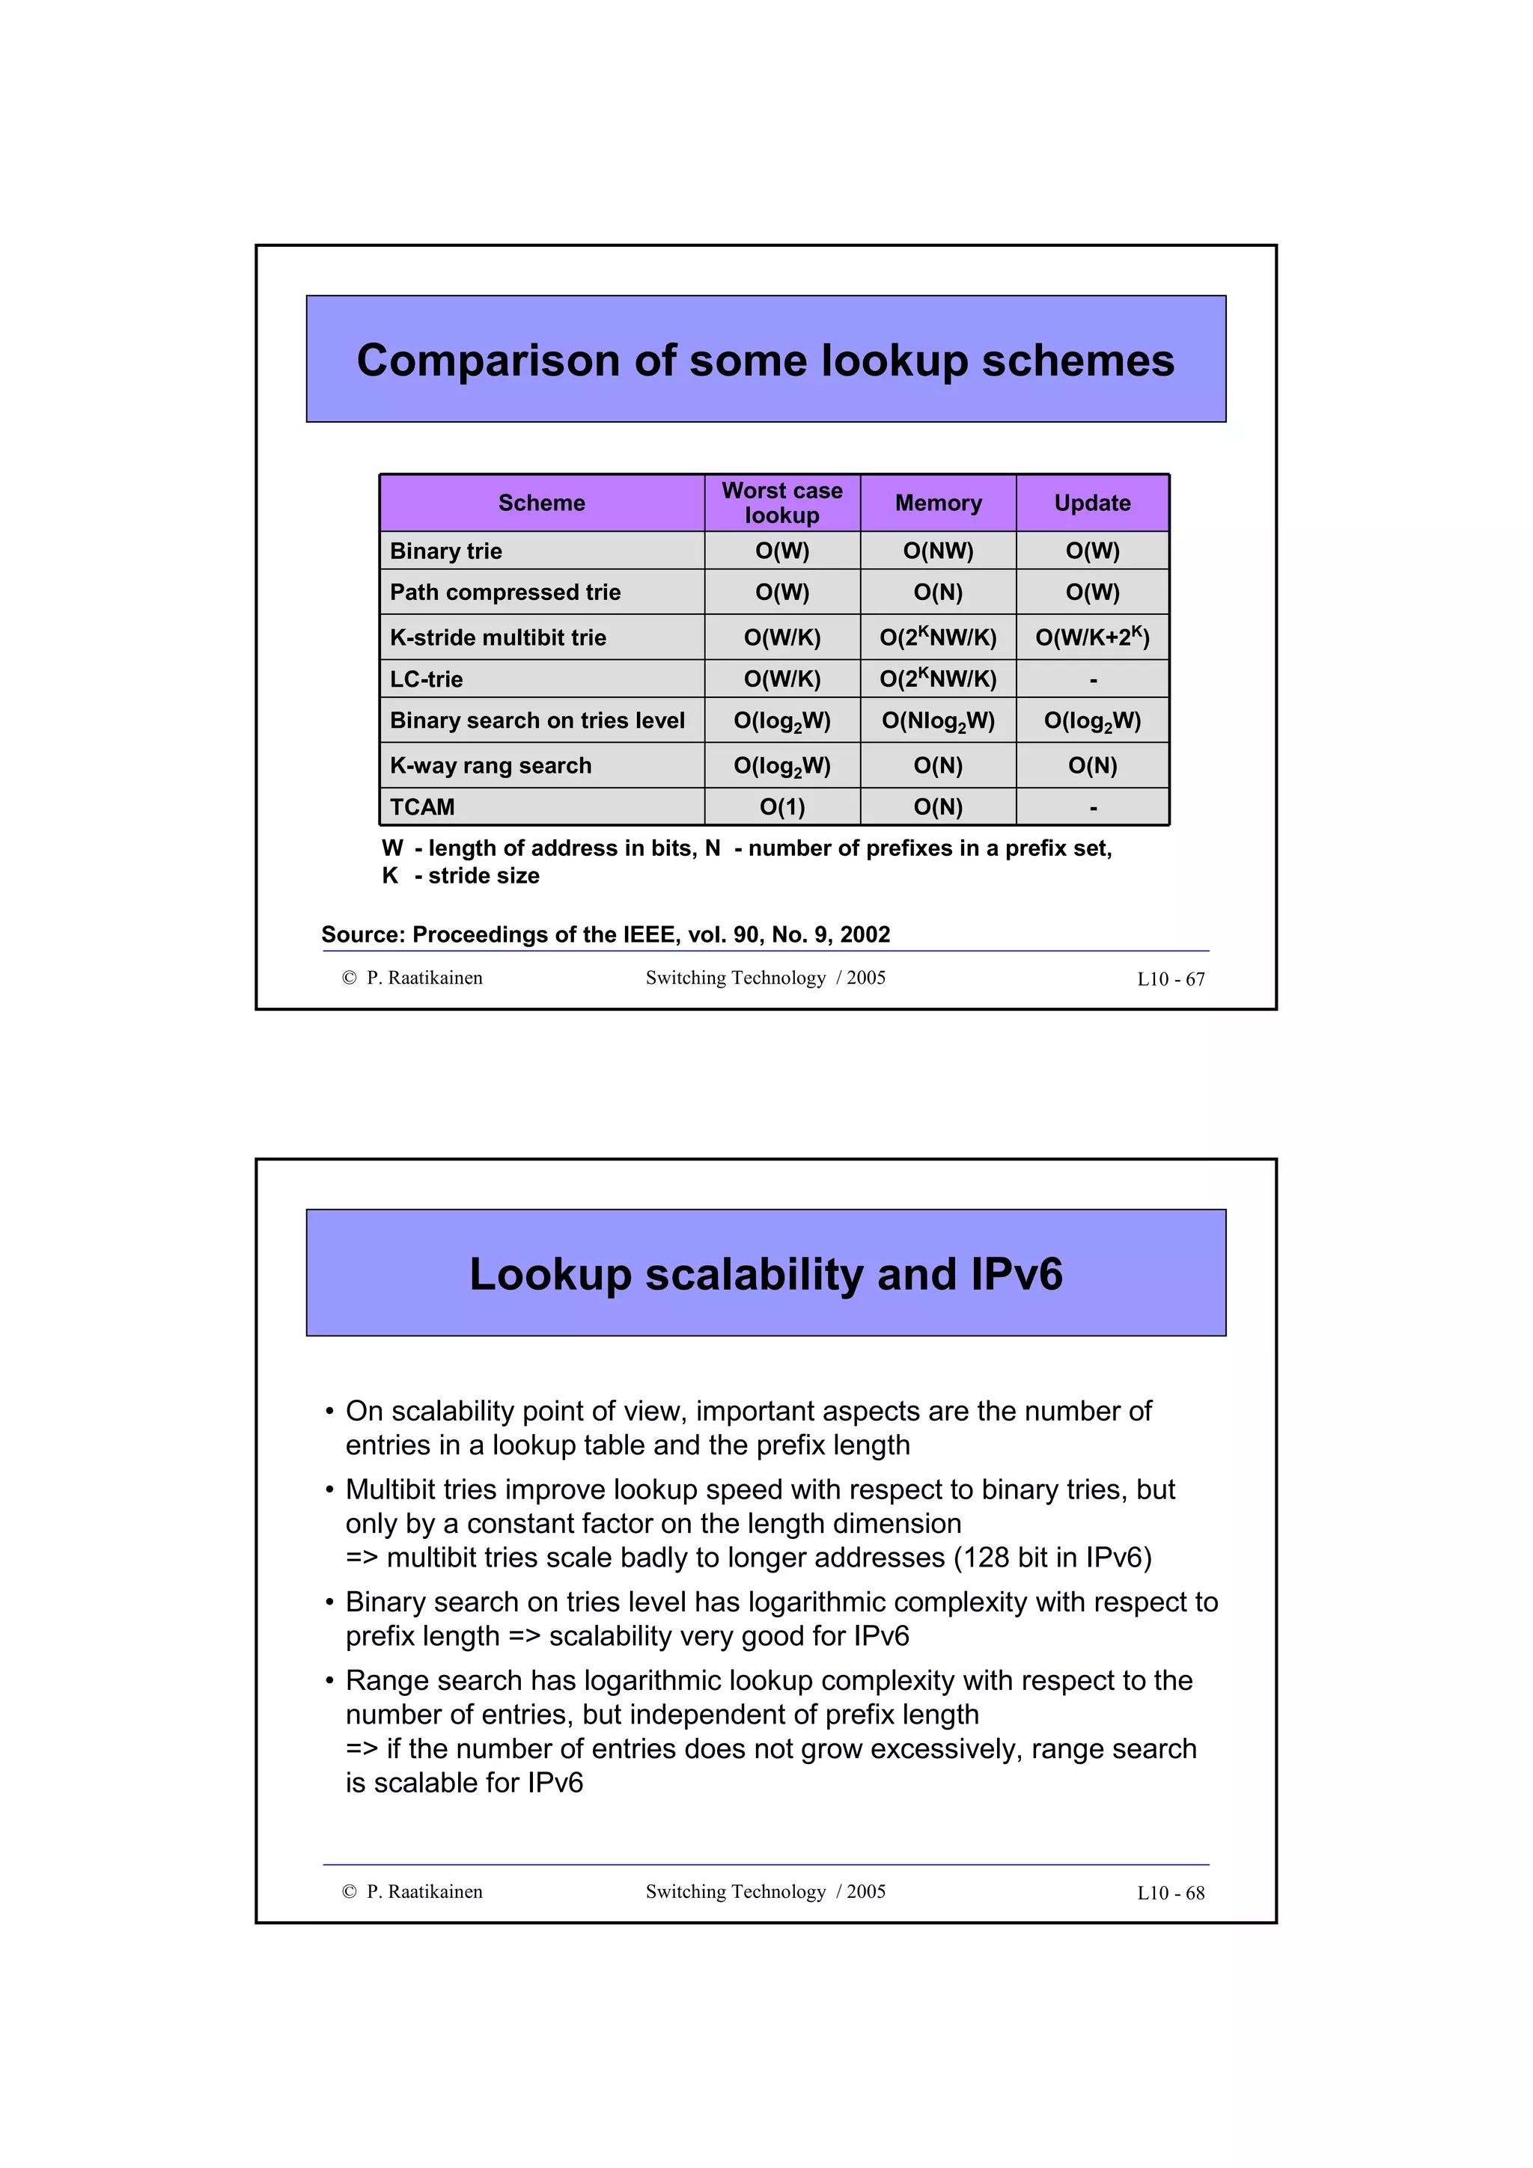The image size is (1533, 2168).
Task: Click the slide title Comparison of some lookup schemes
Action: pos(765,361)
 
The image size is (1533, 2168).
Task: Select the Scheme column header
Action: pos(541,503)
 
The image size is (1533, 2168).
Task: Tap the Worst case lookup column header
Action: pos(782,503)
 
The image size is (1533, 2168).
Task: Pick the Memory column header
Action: pos(938,503)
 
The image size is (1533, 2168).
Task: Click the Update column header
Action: pos(1092,503)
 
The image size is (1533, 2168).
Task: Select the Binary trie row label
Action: pos(446,551)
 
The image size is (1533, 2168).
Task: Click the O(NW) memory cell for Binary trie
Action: pos(938,551)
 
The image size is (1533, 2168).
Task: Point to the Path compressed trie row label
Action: pos(505,593)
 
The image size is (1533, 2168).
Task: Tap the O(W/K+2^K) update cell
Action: pos(1092,637)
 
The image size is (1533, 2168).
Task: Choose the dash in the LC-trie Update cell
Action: pos(1093,680)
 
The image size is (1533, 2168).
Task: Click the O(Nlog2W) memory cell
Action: pos(938,721)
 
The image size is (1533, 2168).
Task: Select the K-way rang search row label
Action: pos(490,766)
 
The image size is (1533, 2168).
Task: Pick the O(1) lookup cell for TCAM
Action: pos(782,807)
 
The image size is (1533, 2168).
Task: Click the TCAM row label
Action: pos(422,807)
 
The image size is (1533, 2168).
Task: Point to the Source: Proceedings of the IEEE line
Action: pos(606,935)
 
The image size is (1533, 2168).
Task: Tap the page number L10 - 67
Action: pos(1170,979)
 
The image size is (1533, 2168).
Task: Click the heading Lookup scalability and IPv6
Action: pos(765,1275)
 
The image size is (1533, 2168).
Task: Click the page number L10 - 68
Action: pos(1170,1893)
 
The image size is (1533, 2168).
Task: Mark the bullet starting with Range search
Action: pos(769,1681)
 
